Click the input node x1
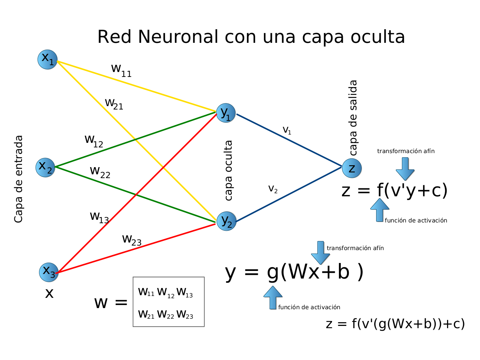coord(47,59)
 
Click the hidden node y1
coord(226,113)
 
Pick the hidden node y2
coord(226,221)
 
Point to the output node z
coord(352,168)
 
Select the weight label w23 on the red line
coord(132,240)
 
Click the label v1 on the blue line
coord(287,130)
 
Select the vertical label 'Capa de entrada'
coord(18,179)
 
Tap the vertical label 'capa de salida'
coord(353,117)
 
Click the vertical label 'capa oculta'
coord(228,171)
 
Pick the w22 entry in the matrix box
coord(166,314)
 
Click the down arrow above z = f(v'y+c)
coord(405,169)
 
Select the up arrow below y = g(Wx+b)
coord(273,297)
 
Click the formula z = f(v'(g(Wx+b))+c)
coord(395,324)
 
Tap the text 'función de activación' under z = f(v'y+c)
coord(416,220)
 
